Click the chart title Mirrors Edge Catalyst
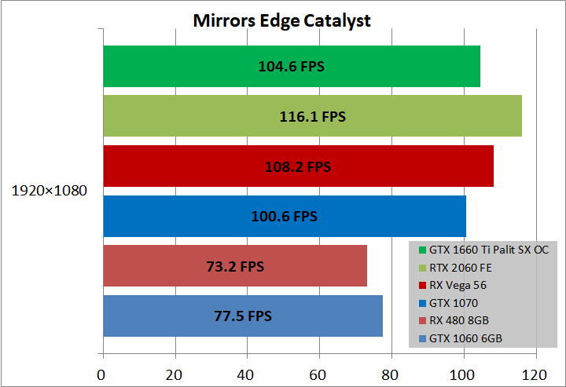[282, 20]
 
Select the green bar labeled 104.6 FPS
[291, 66]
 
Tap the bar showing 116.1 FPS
[311, 116]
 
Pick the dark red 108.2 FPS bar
[297, 166]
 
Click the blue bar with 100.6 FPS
[284, 216]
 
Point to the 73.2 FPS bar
[234, 266]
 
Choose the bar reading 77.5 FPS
[242, 316]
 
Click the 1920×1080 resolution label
[49, 190]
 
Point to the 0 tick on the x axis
[101, 374]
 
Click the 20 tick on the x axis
[174, 374]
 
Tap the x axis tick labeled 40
[246, 374]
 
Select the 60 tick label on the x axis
[318, 374]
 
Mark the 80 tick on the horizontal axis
[391, 374]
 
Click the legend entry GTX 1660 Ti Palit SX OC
[488, 250]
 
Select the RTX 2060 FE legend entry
[461, 268]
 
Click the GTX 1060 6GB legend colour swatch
[422, 339]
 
